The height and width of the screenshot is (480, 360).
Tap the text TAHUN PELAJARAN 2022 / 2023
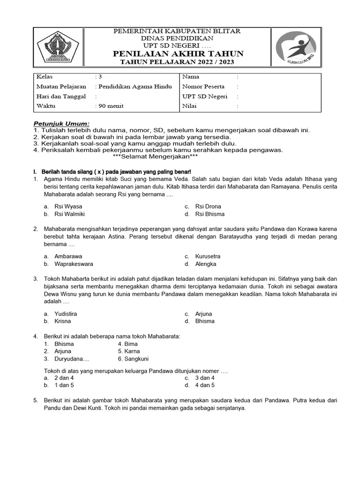point(177,62)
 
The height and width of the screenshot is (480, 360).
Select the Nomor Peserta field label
point(203,86)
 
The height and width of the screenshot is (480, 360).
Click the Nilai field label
point(189,106)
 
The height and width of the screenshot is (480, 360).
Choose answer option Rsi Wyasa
point(68,206)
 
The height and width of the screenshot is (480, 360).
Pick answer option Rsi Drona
point(208,206)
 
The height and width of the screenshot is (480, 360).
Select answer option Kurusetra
point(208,256)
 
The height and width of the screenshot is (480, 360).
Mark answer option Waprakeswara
point(74,264)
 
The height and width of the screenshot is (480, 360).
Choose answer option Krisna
point(63,321)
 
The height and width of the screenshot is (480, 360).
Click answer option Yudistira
point(66,314)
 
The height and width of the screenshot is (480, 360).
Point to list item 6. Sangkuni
point(133,359)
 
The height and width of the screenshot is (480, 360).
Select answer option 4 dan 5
point(205,385)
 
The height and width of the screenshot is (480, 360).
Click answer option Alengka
point(206,264)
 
